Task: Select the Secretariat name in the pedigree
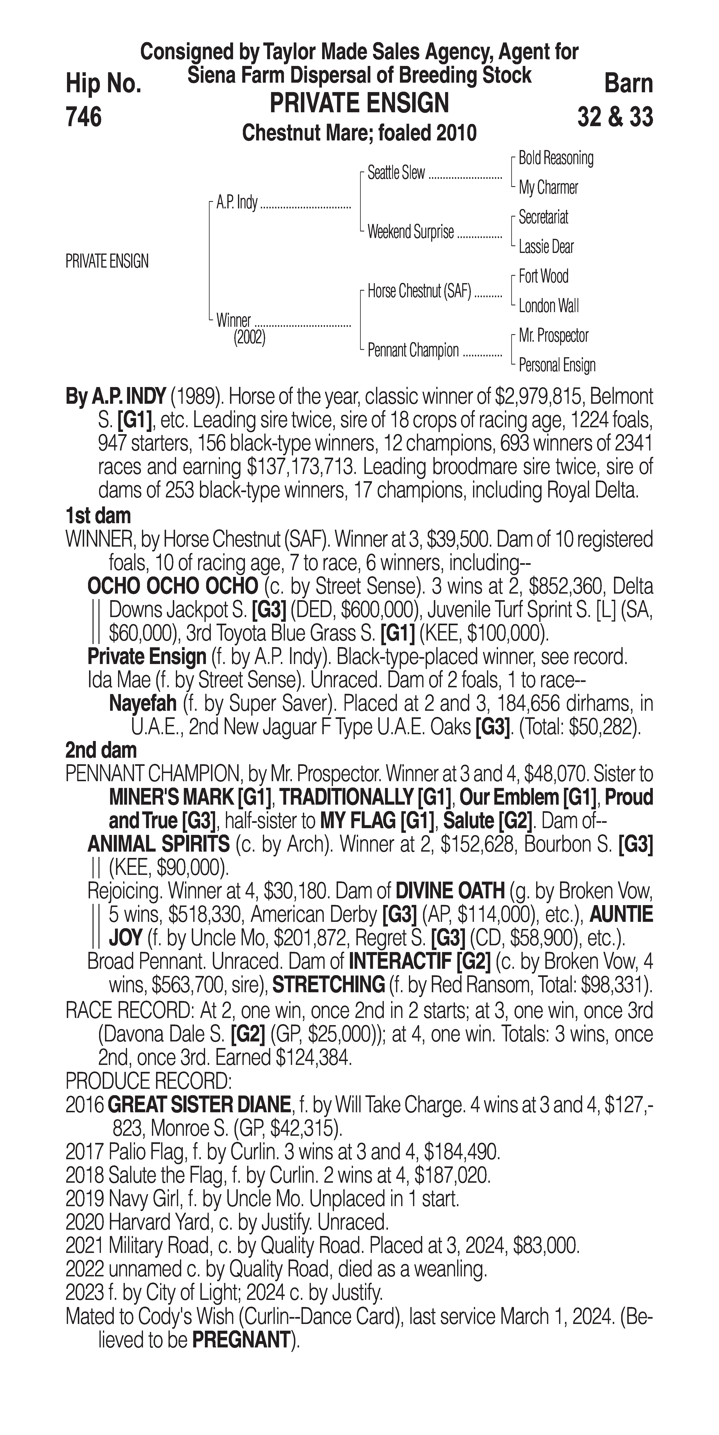point(543,217)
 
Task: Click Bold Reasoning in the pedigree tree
point(556,158)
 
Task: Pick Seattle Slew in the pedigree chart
point(396,173)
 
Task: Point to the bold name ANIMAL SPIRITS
point(158,844)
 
